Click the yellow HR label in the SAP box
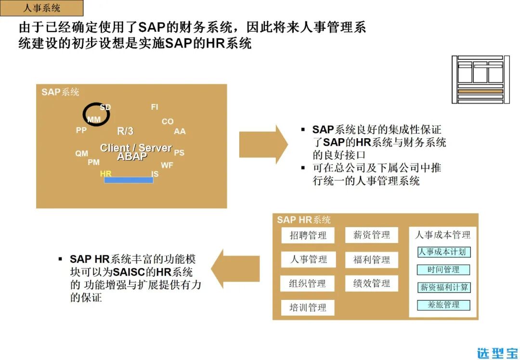coord(105,173)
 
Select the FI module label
coord(154,107)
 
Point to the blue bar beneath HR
coord(129,180)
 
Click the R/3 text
coord(125,131)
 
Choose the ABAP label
coord(132,156)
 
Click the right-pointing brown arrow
coord(263,144)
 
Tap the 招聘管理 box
coord(308,235)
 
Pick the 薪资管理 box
coord(372,235)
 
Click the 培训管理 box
coord(308,308)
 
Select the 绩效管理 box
coord(372,283)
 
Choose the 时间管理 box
coord(443,270)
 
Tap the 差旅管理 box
coord(443,305)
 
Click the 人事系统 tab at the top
coord(42,8)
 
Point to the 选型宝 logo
coord(497,352)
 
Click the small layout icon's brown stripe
coord(480,91)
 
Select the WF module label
coord(167,165)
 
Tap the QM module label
coord(81,154)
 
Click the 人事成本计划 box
coord(443,252)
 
